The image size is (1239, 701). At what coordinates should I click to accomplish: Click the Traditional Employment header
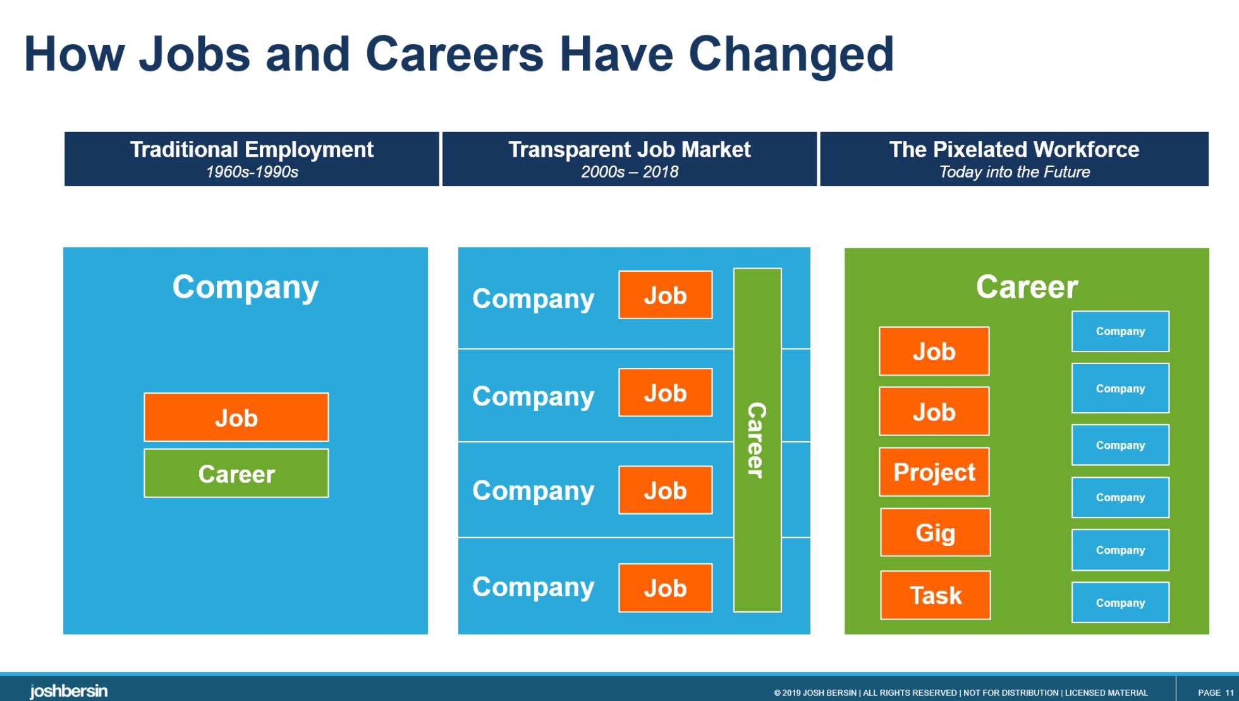pyautogui.click(x=252, y=159)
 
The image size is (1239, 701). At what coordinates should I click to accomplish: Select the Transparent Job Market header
pyautogui.click(x=630, y=159)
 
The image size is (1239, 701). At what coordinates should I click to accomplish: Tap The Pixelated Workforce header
pyautogui.click(x=1014, y=159)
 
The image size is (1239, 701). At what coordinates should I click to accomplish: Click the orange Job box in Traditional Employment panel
pyautogui.click(x=236, y=417)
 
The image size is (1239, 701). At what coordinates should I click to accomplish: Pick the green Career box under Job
pyautogui.click(x=236, y=473)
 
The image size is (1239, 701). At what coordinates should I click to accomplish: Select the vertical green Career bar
pyautogui.click(x=757, y=440)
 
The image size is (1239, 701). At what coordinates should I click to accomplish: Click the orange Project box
pyautogui.click(x=934, y=472)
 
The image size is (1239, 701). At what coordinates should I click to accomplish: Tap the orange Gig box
pyautogui.click(x=936, y=532)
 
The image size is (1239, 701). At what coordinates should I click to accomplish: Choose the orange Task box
pyautogui.click(x=936, y=595)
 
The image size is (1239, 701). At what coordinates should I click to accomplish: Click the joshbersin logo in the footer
pyautogui.click(x=68, y=691)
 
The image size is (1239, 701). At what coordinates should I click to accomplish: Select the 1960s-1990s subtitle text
pyautogui.click(x=252, y=172)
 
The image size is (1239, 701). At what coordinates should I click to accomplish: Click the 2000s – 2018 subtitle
pyautogui.click(x=630, y=172)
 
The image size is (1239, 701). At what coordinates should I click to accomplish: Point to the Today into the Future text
pyautogui.click(x=1015, y=172)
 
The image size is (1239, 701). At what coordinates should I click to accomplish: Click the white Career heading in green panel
pyautogui.click(x=1027, y=287)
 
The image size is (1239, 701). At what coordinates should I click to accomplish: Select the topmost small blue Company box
pyautogui.click(x=1120, y=331)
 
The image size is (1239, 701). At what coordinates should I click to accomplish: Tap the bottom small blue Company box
pyautogui.click(x=1120, y=602)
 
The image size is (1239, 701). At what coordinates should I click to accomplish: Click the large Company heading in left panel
pyautogui.click(x=245, y=288)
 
